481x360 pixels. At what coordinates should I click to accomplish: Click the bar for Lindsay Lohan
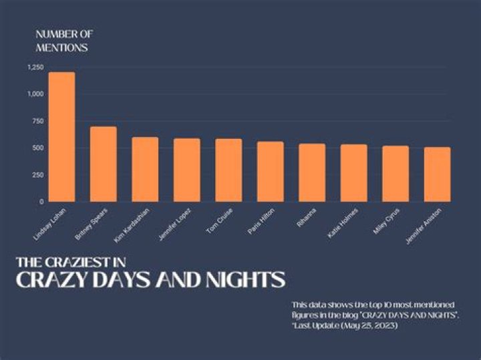[61, 137]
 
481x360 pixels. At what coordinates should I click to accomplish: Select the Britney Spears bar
[104, 164]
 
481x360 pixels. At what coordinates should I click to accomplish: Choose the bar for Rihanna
[312, 172]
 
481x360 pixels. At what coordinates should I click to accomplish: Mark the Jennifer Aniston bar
[437, 174]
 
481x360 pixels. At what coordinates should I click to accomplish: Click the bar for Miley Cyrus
[395, 174]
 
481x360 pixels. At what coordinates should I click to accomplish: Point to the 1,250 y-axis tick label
[35, 67]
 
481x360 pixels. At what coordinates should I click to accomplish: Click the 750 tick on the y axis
[37, 121]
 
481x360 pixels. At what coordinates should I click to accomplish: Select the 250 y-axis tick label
[37, 174]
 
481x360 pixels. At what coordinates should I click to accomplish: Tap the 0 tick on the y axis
[41, 201]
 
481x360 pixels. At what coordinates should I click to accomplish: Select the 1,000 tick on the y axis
[35, 94]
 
